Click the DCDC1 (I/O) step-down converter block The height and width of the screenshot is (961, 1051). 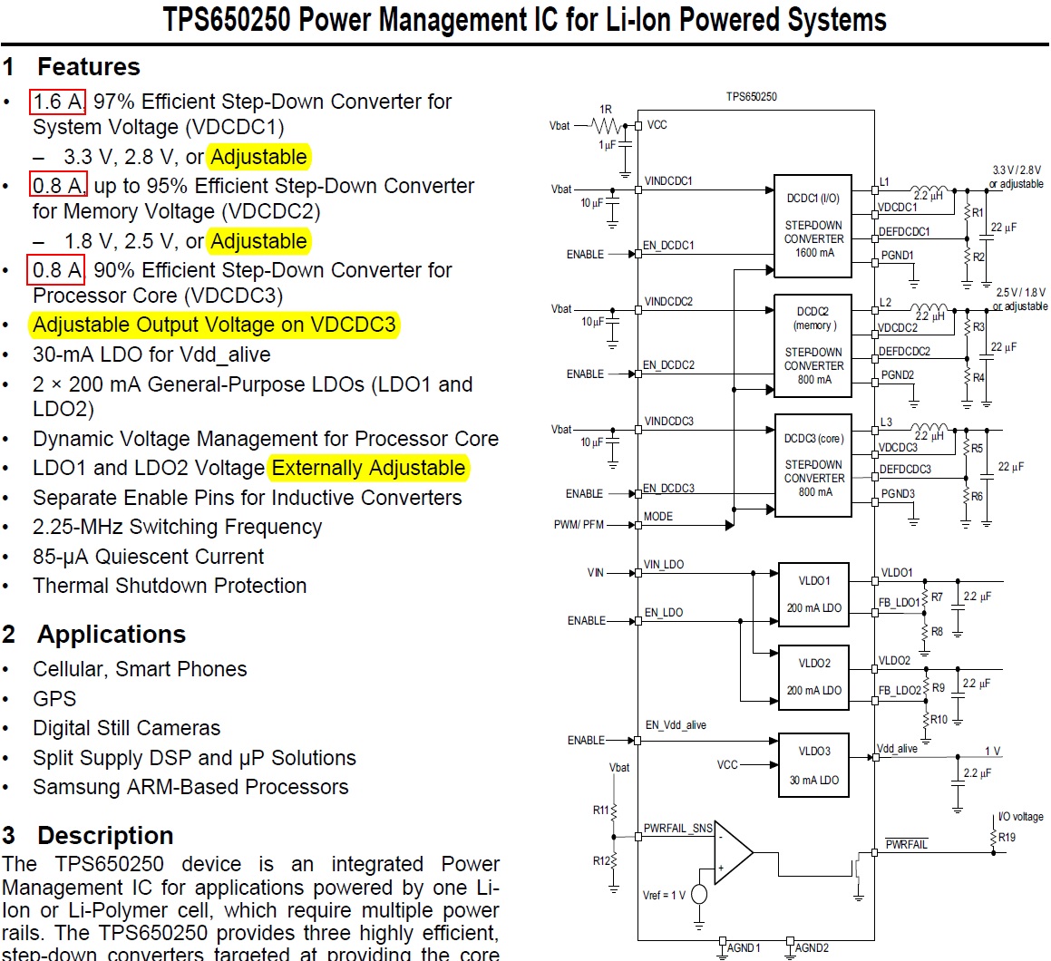point(813,226)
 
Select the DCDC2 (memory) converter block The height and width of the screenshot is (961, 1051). point(813,345)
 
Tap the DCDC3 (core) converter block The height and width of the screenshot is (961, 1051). point(813,465)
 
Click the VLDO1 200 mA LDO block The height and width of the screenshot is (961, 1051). point(813,595)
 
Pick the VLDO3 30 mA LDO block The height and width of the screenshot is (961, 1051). point(813,765)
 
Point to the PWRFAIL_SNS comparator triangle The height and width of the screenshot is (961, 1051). point(734,852)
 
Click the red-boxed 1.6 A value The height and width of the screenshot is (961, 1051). point(58,102)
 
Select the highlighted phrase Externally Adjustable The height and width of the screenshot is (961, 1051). point(369,468)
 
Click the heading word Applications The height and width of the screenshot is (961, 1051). point(112,634)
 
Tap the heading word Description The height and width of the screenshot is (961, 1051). point(105,836)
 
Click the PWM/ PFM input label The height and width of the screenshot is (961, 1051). point(579,525)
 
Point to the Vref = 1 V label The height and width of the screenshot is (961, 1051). point(664,896)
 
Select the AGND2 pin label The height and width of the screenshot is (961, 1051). point(812,948)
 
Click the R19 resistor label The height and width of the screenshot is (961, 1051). point(1007,838)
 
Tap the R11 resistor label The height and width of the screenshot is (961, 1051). point(600,811)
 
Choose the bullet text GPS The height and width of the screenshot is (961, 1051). point(54,699)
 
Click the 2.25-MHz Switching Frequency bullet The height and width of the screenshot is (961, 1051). point(177,528)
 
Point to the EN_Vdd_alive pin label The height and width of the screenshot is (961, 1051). point(676,725)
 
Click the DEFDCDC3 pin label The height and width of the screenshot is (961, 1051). point(905,469)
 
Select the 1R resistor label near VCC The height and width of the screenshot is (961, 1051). point(605,109)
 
